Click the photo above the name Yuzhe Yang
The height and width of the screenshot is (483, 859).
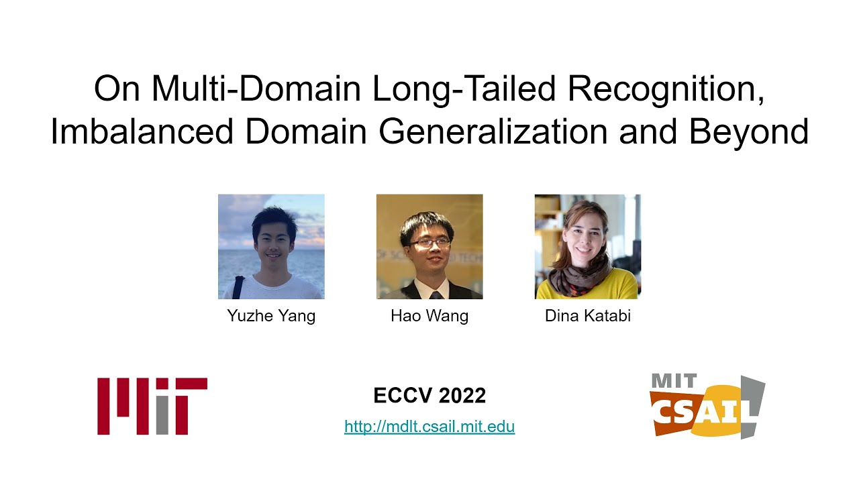[x=271, y=246]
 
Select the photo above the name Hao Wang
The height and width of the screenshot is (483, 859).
[x=429, y=246]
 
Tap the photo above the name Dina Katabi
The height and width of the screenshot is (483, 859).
[x=588, y=246]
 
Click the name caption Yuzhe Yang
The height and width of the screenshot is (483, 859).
[x=271, y=316]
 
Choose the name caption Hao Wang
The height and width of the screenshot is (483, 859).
[x=429, y=316]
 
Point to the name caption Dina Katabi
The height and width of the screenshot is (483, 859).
[x=588, y=316]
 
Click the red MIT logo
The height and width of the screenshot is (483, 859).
[x=152, y=406]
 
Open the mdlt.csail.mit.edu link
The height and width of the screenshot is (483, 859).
[x=429, y=426]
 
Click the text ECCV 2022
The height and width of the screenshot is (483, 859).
[x=429, y=396]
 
